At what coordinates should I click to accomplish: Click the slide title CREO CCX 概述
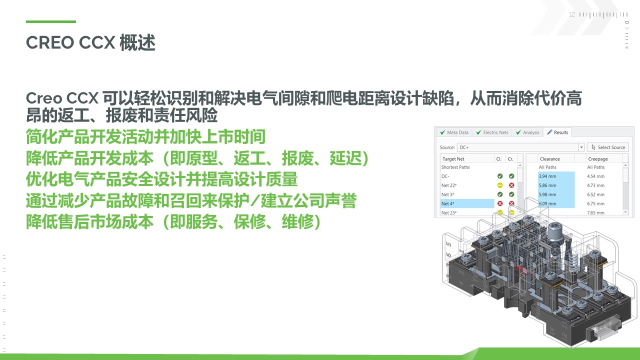pos(90,43)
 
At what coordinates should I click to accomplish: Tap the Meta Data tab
pos(454,132)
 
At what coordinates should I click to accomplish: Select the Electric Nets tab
pos(492,132)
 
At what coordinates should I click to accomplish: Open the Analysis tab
pos(527,132)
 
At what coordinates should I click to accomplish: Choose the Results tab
pos(557,132)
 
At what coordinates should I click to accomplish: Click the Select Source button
pos(608,147)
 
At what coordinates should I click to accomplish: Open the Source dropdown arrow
pos(581,147)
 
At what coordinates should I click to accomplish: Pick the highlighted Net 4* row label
pos(447,203)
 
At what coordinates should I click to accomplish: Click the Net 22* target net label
pos(449,185)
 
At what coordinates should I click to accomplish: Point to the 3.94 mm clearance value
pos(547,176)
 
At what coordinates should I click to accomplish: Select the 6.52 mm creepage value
pos(595,194)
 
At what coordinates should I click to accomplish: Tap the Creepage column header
pos(598,159)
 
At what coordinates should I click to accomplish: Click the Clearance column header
pos(549,159)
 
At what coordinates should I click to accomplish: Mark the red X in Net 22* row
pos(511,185)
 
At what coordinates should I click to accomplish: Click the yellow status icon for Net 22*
pos(500,185)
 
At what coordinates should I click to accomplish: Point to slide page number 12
pos(571,14)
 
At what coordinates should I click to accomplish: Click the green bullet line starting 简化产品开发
pos(145,136)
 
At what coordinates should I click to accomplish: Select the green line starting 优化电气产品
pos(161,179)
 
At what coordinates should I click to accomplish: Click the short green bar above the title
pos(51,21)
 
